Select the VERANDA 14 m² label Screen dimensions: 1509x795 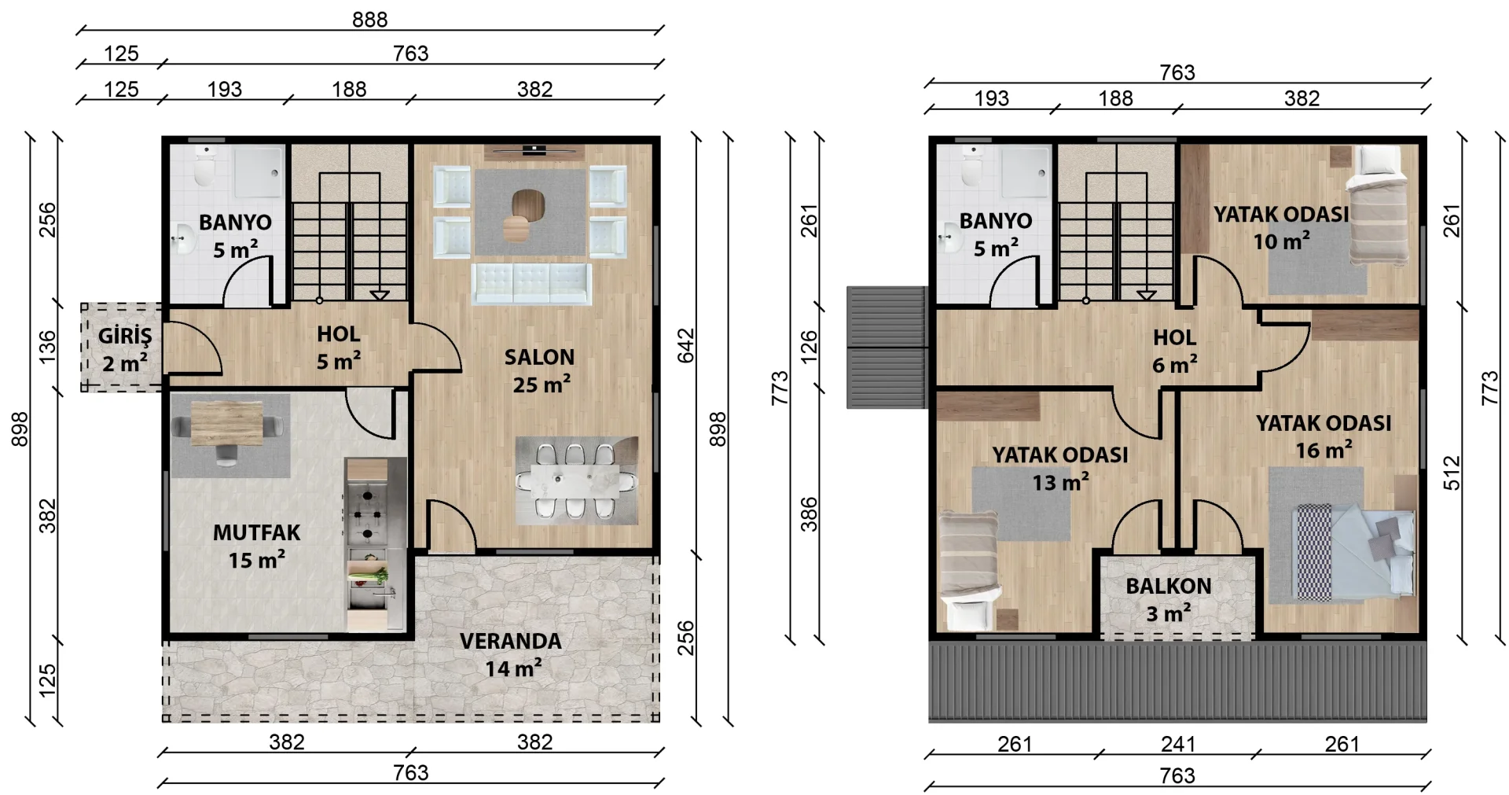point(511,654)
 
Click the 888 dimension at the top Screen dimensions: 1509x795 point(370,20)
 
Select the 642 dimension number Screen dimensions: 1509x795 point(686,346)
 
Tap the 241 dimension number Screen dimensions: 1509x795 point(1178,744)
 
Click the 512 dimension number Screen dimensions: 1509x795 point(1452,473)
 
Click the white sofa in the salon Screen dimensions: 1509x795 point(531,283)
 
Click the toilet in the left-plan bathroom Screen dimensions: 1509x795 point(205,165)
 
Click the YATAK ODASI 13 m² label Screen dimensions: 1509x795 point(1060,469)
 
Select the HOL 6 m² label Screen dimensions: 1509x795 point(1175,351)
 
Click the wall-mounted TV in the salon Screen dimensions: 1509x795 point(534,148)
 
